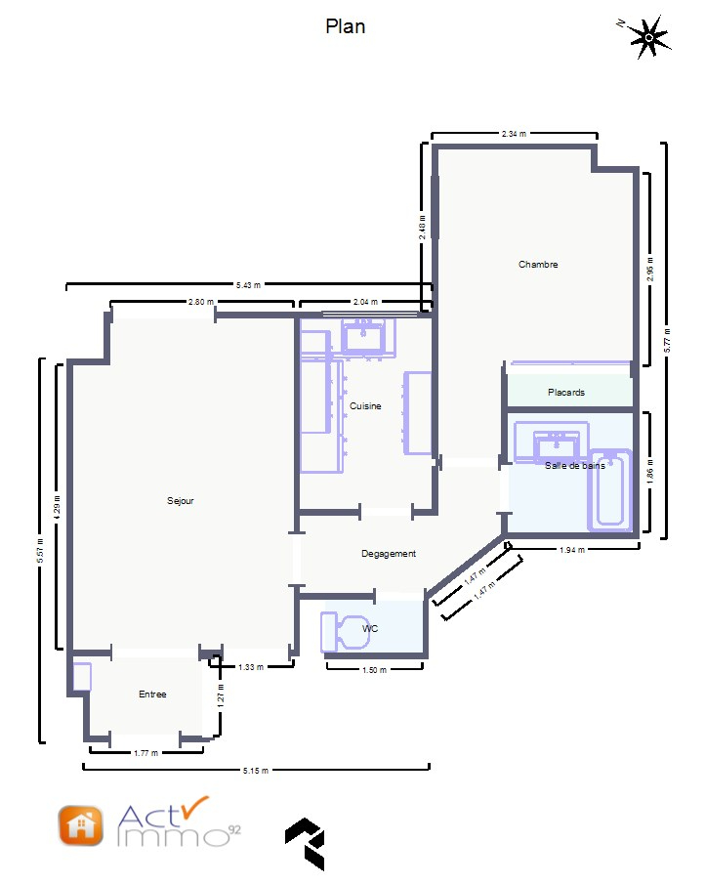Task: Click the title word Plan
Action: pyautogui.click(x=346, y=26)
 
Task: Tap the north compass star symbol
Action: pyautogui.click(x=649, y=38)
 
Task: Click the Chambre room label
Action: pyautogui.click(x=538, y=265)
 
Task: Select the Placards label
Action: pyautogui.click(x=566, y=393)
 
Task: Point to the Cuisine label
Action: pyautogui.click(x=365, y=406)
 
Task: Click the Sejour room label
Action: pyautogui.click(x=181, y=501)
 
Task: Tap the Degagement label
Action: pyautogui.click(x=389, y=554)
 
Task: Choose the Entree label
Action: pyautogui.click(x=152, y=694)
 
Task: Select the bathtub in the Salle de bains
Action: pyautogui.click(x=609, y=490)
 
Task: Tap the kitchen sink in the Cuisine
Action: pyautogui.click(x=363, y=336)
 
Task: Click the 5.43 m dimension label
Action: pyautogui.click(x=249, y=285)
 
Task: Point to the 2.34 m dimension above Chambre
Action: pyautogui.click(x=514, y=134)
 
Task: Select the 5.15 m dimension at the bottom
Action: pyautogui.click(x=256, y=770)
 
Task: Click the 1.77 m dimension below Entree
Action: pyautogui.click(x=145, y=753)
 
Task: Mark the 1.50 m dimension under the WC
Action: pyautogui.click(x=374, y=670)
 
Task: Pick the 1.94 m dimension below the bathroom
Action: pyautogui.click(x=572, y=550)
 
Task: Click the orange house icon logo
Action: pyautogui.click(x=81, y=826)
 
